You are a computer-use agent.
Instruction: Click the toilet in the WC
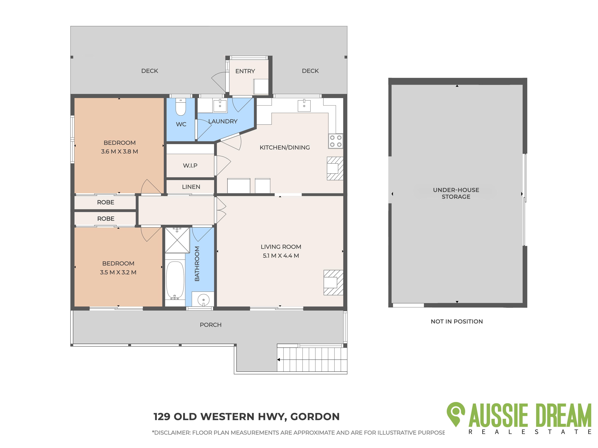[x=181, y=107]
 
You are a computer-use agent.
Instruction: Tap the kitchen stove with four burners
[x=335, y=141]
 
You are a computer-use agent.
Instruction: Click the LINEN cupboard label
[x=191, y=187]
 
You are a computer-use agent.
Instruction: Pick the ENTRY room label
[x=245, y=71]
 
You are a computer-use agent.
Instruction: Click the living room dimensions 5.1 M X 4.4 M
[x=281, y=256]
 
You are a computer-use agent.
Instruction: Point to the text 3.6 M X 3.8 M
[x=119, y=151]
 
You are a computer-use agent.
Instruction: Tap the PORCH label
[x=211, y=325]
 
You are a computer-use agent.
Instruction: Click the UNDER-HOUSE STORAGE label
[x=456, y=193]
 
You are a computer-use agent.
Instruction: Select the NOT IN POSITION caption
[x=457, y=321]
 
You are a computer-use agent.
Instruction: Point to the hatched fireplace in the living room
[x=333, y=283]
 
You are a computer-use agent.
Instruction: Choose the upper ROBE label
[x=106, y=202]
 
